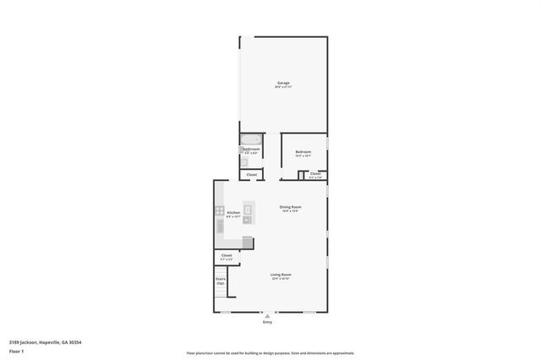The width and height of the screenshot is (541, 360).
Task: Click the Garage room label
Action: (283, 83)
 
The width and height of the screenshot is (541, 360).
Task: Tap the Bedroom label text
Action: (303, 151)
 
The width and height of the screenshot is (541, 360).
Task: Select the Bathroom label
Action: (251, 149)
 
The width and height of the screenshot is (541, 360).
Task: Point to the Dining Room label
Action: (291, 207)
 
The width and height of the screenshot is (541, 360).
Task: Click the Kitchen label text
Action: (234, 214)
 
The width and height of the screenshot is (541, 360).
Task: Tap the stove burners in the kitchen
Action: (219, 211)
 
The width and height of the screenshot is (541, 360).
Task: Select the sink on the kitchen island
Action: (249, 209)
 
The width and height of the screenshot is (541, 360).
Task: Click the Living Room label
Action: (281, 275)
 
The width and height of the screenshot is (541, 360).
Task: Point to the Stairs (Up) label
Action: (221, 281)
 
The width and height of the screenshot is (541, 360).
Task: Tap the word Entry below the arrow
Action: (267, 322)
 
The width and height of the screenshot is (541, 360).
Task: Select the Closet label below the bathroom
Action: (251, 175)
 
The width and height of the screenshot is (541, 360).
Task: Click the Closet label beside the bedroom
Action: (314, 174)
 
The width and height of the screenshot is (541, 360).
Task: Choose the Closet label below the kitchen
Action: (227, 255)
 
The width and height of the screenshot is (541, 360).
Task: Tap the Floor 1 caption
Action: (17, 350)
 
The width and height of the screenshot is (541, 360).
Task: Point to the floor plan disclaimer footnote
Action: (270, 353)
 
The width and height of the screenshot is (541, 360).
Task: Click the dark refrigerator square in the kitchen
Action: (247, 243)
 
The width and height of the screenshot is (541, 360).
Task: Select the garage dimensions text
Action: (283, 87)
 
